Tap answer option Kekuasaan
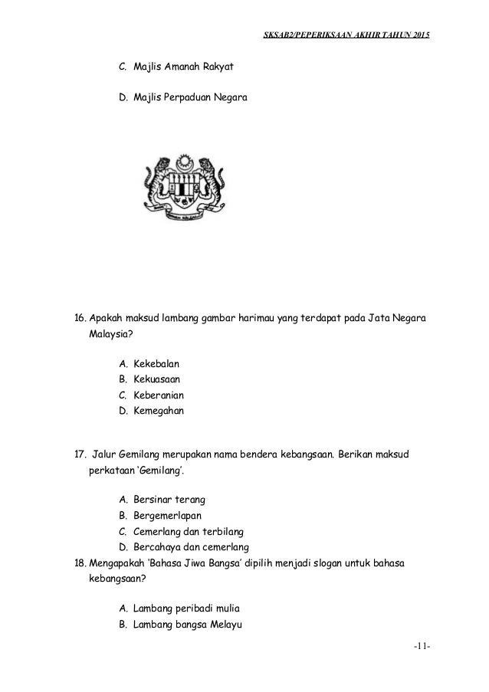point(159,379)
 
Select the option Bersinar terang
point(169,500)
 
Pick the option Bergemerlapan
point(168,516)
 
